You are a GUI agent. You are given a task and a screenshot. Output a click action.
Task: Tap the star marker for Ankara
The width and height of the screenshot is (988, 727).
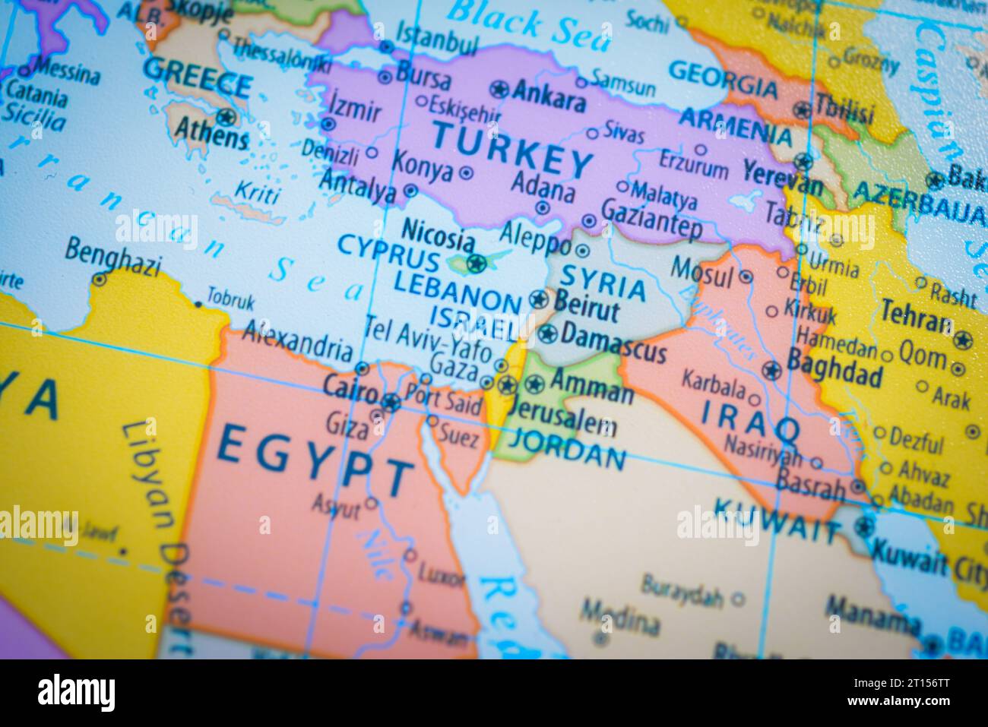pos(499,89)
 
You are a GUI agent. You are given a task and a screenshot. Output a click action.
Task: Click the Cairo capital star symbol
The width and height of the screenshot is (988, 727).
pos(391,402)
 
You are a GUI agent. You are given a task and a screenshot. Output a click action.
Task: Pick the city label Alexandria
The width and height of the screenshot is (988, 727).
pos(298,340)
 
